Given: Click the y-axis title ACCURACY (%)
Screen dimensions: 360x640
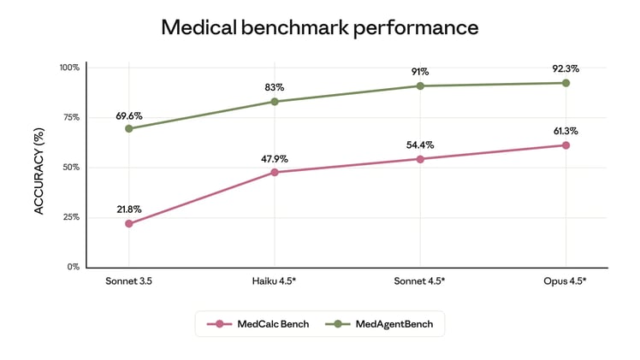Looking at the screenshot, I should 39,167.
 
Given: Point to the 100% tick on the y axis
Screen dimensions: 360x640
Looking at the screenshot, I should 69,68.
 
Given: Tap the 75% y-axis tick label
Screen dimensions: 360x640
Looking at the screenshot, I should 71,117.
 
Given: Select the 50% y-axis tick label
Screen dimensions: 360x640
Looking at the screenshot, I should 71,167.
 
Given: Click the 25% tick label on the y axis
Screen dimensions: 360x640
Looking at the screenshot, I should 71,217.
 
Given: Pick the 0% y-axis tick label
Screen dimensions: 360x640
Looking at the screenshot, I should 74,267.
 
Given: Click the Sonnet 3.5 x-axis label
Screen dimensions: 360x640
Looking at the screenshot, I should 129,280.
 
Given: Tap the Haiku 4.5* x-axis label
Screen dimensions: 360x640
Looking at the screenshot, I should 275,280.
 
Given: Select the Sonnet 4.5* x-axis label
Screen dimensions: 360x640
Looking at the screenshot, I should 420,280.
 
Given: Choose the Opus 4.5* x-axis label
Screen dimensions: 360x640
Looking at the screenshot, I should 566,280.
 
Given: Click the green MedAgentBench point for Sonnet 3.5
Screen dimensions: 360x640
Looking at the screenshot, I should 129,128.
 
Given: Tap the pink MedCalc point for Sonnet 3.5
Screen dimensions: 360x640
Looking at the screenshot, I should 129,224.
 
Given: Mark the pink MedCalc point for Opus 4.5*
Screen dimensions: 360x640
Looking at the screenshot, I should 566,145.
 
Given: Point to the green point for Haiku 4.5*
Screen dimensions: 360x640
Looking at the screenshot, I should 275,102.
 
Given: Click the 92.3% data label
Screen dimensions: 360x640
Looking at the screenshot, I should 566,68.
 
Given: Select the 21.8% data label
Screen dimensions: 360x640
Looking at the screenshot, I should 129,209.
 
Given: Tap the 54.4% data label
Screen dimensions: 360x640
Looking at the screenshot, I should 420,145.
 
